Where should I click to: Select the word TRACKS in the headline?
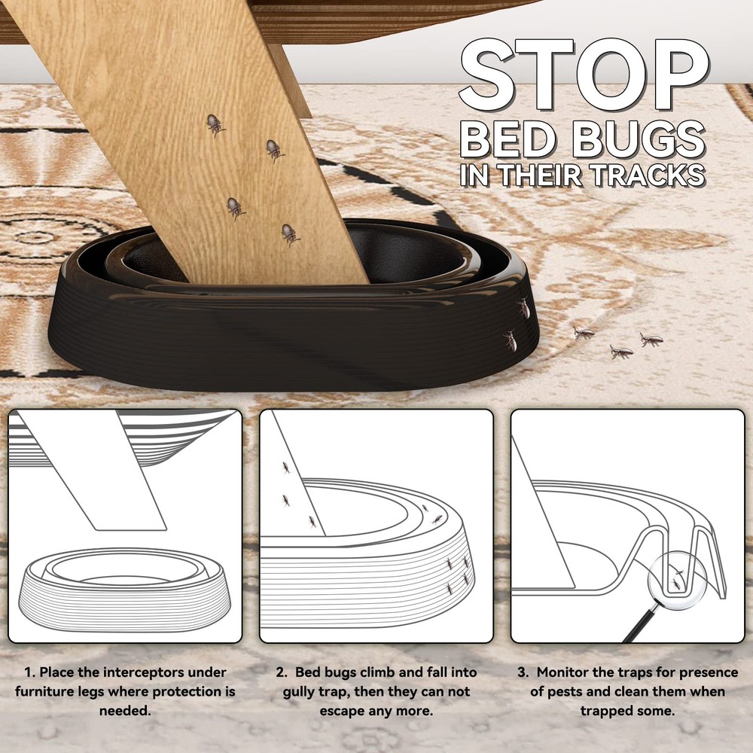point(642,175)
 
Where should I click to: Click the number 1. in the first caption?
point(30,672)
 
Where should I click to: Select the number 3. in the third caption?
point(521,672)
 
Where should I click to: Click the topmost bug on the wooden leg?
point(216,124)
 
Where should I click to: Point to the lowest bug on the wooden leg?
point(290,234)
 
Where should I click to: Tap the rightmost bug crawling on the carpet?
point(651,339)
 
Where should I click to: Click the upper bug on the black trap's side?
point(523,308)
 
